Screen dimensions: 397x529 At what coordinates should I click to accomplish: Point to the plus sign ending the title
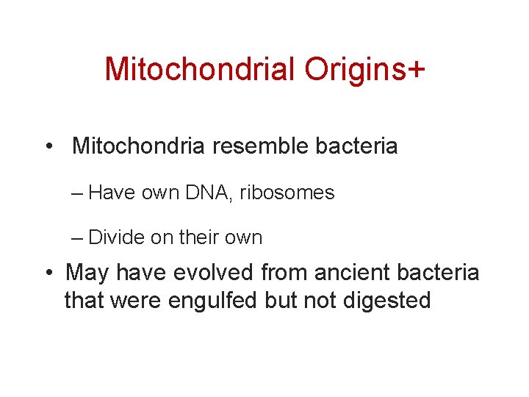415,69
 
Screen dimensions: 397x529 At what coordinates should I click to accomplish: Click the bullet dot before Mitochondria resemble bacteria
48,146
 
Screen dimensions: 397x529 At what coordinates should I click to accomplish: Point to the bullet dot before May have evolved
48,273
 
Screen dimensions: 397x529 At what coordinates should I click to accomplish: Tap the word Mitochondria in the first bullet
140,146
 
